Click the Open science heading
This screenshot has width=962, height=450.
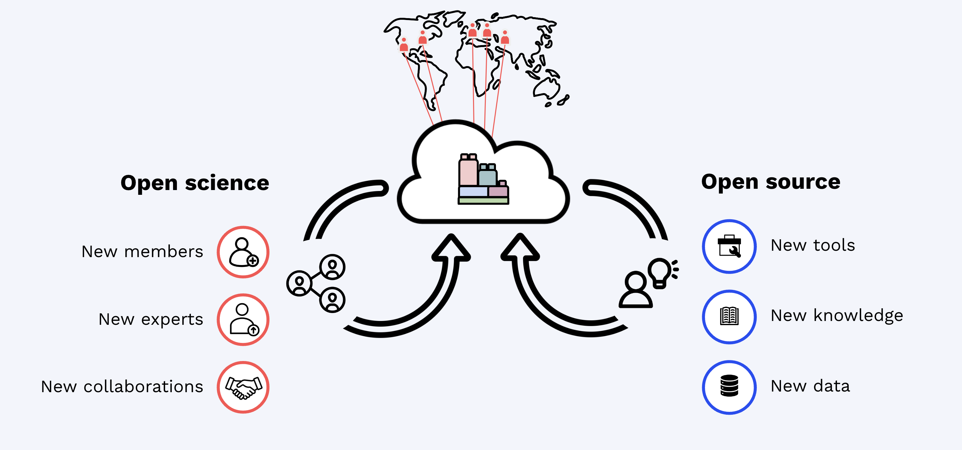[195, 183]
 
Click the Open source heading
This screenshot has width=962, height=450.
[771, 182]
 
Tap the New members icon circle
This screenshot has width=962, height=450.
[243, 252]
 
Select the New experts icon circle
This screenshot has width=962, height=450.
[243, 320]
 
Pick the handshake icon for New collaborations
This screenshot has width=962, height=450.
[243, 387]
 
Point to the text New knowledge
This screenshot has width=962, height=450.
[837, 316]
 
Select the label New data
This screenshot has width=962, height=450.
[810, 386]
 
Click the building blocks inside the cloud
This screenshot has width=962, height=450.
[483, 179]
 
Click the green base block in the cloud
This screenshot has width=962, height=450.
[483, 201]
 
